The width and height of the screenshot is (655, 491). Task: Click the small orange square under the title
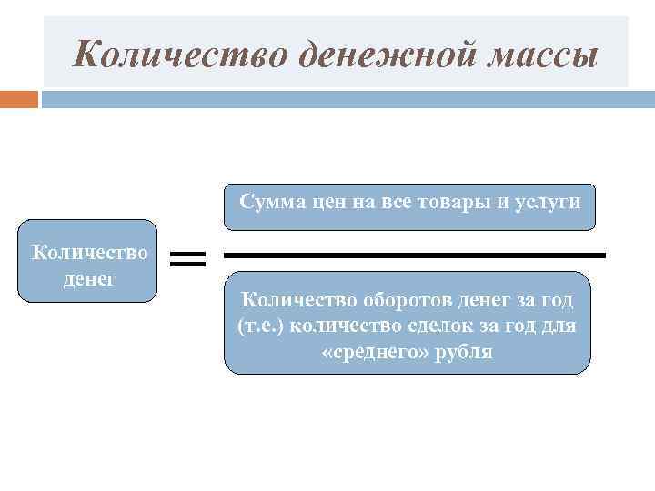[x=19, y=98]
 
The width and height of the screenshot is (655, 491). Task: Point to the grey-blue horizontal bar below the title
[x=347, y=98]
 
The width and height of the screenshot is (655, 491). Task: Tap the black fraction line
[x=414, y=256]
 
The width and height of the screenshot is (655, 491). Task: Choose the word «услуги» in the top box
[x=543, y=202]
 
